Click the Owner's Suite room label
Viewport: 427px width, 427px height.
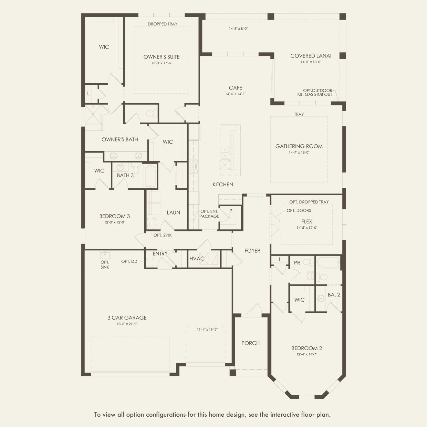point(162,57)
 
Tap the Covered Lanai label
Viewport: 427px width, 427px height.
point(311,56)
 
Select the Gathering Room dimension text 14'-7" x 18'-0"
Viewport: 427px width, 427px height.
point(299,152)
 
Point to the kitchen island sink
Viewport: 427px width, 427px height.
point(225,153)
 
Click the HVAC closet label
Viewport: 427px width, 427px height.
point(197,259)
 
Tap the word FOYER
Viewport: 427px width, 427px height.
point(252,251)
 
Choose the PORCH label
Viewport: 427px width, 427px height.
point(250,343)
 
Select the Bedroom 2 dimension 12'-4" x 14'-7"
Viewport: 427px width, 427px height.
point(306,354)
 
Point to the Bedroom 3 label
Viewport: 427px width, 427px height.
point(114,216)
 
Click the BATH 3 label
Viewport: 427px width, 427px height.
point(125,175)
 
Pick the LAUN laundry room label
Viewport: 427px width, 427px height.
point(173,212)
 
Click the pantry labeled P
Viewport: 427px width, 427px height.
point(231,211)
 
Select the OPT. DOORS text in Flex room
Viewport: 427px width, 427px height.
point(299,210)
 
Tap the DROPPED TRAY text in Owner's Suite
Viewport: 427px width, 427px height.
point(163,24)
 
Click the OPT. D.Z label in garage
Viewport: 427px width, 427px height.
point(129,261)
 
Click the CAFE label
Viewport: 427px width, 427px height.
point(236,88)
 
